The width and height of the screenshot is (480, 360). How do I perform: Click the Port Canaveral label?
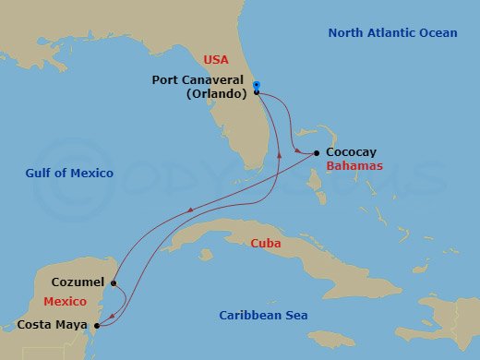[x=199, y=80]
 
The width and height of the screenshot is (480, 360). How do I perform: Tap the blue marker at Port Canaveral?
[x=257, y=86]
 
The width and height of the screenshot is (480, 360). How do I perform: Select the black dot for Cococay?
[x=317, y=153]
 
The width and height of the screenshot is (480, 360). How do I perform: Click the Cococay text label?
[x=352, y=153]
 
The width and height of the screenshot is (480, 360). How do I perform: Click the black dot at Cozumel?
[x=114, y=283]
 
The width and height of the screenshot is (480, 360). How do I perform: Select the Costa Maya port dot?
[x=97, y=325]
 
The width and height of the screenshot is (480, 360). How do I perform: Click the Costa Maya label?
[x=54, y=325]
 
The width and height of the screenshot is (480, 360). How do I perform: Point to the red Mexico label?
[x=65, y=302]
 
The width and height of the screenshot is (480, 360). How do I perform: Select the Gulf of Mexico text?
[x=70, y=174]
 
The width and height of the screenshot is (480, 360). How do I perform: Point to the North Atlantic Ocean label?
[x=392, y=33]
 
